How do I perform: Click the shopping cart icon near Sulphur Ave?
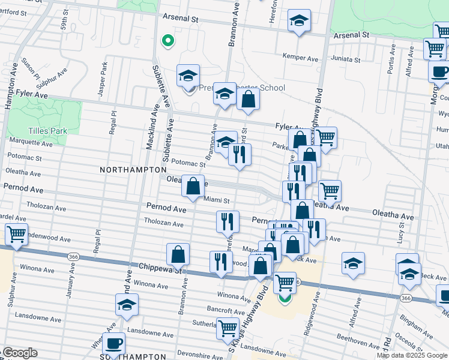coord(16,234)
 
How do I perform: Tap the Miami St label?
coord(217,200)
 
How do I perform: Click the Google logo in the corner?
coord(19,353)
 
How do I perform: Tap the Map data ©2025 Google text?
coord(412,355)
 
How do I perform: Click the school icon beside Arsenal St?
coord(299,21)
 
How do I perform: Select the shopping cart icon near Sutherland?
coord(228,328)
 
